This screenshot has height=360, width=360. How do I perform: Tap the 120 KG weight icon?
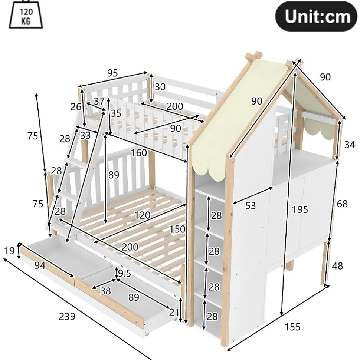[x=26, y=14]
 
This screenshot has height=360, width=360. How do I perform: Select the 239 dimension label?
[x=67, y=316]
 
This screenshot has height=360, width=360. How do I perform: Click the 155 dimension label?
[x=292, y=327]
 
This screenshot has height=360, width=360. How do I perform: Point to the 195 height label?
[x=300, y=209]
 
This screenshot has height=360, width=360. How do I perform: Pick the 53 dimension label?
[x=251, y=205]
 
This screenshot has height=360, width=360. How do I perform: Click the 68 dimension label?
[x=342, y=204]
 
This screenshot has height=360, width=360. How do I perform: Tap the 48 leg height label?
[x=337, y=266]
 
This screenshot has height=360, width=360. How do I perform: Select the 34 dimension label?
[x=350, y=145]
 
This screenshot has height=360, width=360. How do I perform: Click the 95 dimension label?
[x=112, y=73]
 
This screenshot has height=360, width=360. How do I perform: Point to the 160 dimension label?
[x=139, y=153]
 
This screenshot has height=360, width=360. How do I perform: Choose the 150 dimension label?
[x=177, y=229]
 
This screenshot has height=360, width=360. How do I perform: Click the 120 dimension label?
[x=142, y=215]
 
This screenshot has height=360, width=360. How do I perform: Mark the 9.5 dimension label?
[x=124, y=273]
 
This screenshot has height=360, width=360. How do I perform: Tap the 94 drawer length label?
[x=40, y=265]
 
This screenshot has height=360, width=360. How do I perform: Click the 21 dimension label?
[x=174, y=312]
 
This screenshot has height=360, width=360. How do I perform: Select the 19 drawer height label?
[x=9, y=251]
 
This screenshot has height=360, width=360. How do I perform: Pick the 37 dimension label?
[x=99, y=101]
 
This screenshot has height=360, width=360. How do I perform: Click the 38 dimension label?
[x=105, y=291]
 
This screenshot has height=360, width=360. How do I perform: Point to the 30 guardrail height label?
[x=160, y=87]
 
